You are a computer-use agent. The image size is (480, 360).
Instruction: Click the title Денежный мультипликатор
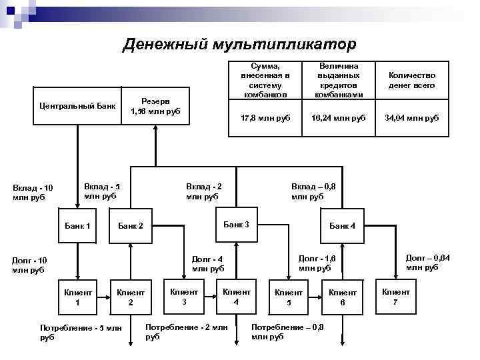(239, 45)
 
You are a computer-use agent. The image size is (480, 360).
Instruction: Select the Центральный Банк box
(77, 106)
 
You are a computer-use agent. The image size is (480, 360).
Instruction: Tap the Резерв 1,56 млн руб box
(155, 106)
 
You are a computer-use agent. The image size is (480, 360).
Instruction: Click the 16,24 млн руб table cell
(339, 118)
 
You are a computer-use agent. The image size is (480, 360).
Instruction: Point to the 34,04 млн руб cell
(411, 118)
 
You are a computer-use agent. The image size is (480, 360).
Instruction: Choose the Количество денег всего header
(411, 81)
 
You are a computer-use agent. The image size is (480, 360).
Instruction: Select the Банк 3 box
(236, 224)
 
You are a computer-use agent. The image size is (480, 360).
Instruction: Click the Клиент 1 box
(77, 297)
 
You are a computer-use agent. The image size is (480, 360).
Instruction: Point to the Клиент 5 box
(289, 297)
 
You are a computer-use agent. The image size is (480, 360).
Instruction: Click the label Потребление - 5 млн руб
(81, 332)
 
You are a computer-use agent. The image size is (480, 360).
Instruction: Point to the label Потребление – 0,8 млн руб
(287, 331)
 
